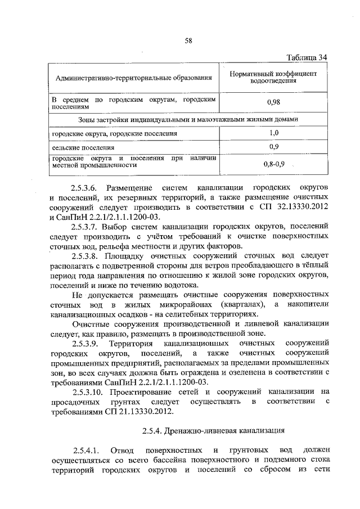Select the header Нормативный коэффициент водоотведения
pos(274,78)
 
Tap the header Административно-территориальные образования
pos(133,78)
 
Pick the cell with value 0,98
pos(274,102)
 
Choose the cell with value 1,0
pos(274,133)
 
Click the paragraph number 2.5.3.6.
pos(85,187)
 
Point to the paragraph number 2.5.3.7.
pos(85,226)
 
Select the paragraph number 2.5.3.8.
pos(85,255)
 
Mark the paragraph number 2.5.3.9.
pos(85,343)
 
